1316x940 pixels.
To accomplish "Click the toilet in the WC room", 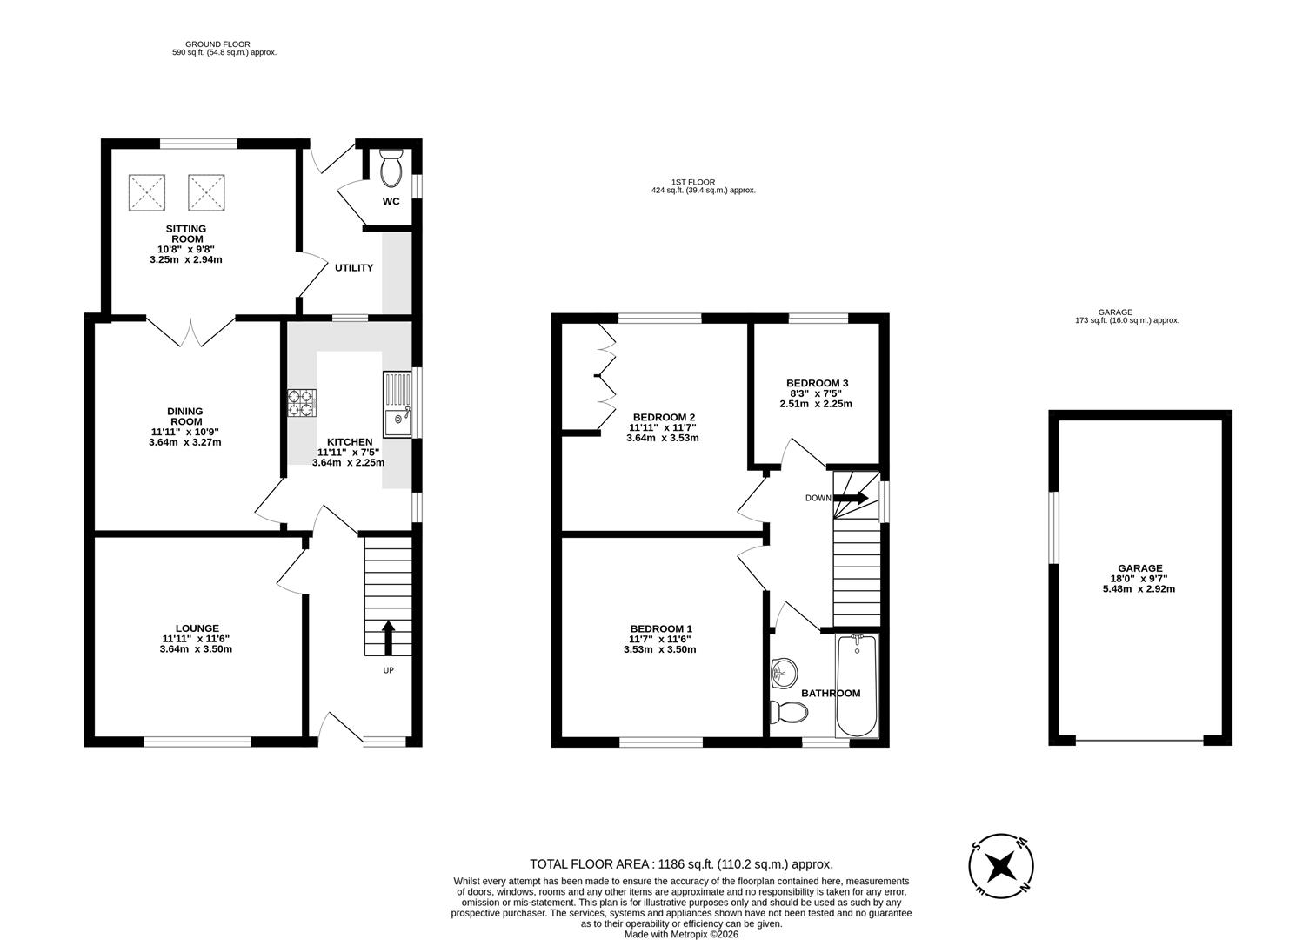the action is click(391, 167).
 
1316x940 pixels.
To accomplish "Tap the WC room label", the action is click(391, 201).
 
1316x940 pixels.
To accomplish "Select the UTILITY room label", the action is click(354, 267).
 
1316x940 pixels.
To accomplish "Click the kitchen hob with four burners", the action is click(302, 403).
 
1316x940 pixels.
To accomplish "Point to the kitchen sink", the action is click(397, 405).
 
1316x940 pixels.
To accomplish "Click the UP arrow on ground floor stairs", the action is click(388, 638).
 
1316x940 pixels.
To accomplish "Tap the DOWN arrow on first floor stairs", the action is click(851, 498).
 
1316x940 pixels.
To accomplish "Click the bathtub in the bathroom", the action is click(857, 685).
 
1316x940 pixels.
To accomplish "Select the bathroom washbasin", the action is click(784, 673).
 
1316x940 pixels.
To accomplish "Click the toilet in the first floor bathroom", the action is click(788, 714).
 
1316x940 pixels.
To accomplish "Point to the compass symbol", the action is click(1000, 866).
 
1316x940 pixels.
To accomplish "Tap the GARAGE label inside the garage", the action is click(1139, 567).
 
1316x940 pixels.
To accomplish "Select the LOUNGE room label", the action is click(197, 628).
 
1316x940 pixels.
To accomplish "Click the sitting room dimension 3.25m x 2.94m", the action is click(185, 260).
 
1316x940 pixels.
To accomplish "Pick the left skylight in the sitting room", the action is click(147, 192).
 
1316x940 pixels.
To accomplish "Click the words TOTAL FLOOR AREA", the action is click(590, 864).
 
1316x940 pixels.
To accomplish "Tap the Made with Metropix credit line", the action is click(681, 934).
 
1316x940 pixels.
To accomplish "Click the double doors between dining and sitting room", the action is click(191, 332).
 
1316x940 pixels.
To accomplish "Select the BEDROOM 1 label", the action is click(661, 628).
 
